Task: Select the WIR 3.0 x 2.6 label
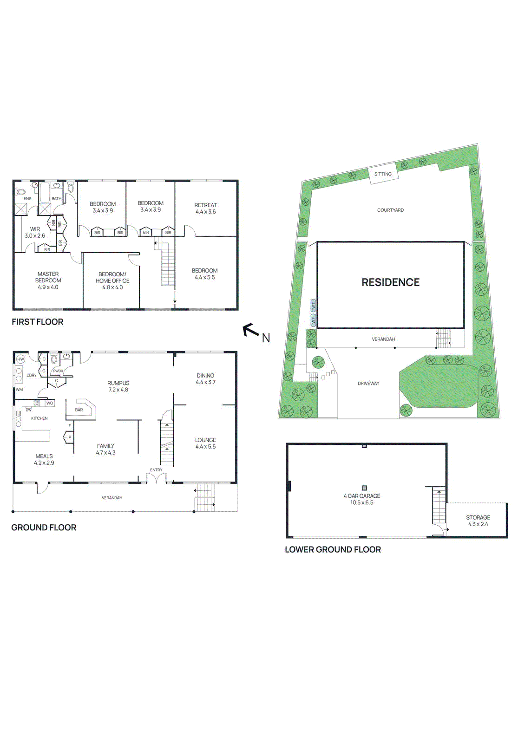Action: pos(35,232)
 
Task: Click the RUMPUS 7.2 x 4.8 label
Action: pos(118,386)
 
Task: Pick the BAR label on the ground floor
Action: pos(79,410)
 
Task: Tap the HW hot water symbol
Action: pos(20,359)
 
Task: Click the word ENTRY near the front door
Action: pos(156,470)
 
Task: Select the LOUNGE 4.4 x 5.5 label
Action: pos(205,443)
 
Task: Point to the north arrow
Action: pos(251,330)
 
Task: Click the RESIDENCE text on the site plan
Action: pos(390,282)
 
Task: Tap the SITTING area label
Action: pos(383,174)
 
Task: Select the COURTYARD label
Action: pos(390,210)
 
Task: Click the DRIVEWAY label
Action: pos(368,384)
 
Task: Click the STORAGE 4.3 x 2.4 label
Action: pos(478,521)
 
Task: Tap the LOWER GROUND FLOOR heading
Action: pos(333,550)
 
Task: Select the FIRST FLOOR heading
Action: pos(38,322)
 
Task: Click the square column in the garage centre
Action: pos(364,488)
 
